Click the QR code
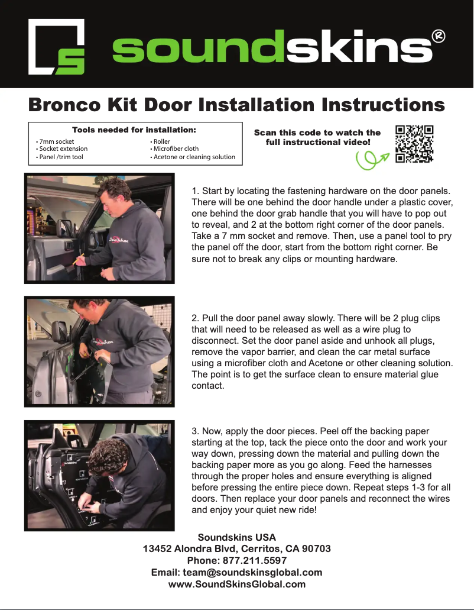click(x=414, y=144)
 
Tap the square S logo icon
click(x=57, y=47)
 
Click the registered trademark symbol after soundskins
click(x=439, y=37)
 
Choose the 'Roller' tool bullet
click(x=161, y=142)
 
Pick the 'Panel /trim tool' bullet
click(x=60, y=157)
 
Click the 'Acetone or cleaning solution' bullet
click(x=193, y=157)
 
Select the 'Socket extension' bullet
click(x=62, y=149)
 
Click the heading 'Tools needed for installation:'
click(x=134, y=130)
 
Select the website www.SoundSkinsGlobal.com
click(x=237, y=584)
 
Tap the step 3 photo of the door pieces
click(x=99, y=476)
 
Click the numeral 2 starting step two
click(x=195, y=318)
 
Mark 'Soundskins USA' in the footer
click(x=237, y=537)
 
